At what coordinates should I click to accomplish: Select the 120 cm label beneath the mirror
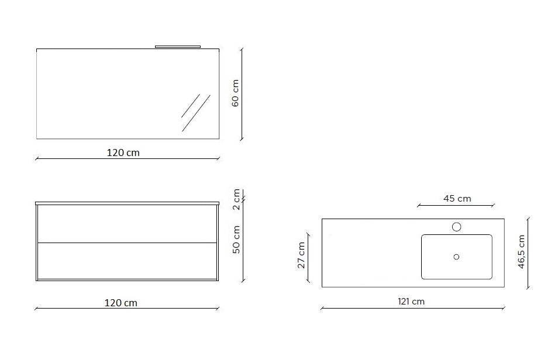pyautogui.click(x=123, y=153)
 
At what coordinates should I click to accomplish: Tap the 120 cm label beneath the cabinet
pyautogui.click(x=121, y=303)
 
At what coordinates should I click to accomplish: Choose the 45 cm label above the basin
pyautogui.click(x=457, y=198)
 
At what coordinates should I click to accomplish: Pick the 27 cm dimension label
pyautogui.click(x=301, y=254)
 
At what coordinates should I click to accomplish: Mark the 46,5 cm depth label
pyautogui.click(x=521, y=251)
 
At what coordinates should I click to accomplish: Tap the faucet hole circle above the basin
pyautogui.click(x=456, y=226)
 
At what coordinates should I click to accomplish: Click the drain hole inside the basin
pyautogui.click(x=456, y=257)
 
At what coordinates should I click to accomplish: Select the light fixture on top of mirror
pyautogui.click(x=178, y=46)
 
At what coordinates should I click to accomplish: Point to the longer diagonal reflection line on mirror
pyautogui.click(x=195, y=114)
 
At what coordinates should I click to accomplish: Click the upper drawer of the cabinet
pyautogui.click(x=128, y=223)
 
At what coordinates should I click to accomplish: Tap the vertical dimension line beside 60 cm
pyautogui.click(x=242, y=94)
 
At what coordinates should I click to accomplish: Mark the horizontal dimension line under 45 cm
pyautogui.click(x=456, y=206)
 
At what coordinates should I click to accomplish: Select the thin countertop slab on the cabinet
pyautogui.click(x=128, y=203)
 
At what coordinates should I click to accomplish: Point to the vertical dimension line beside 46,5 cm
pyautogui.click(x=528, y=253)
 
